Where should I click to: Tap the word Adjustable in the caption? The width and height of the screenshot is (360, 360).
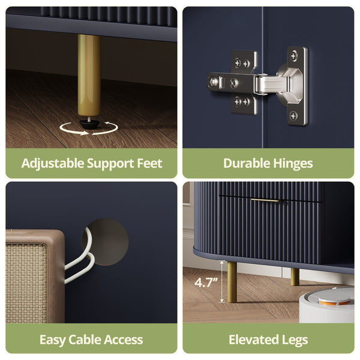coord(53,164)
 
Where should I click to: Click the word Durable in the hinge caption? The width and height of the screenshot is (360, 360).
coord(247,163)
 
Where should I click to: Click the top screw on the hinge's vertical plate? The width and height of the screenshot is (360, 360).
coord(294,55)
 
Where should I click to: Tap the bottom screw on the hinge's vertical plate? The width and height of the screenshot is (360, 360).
coord(293,115)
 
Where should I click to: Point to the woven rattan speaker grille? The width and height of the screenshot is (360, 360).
coord(26,283)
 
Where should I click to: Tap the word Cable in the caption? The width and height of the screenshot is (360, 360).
coord(85,340)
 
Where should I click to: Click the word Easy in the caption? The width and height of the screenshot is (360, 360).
coord(52,340)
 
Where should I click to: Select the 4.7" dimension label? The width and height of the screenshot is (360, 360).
coord(205,283)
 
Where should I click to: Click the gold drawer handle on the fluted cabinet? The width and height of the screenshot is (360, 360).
coord(265,200)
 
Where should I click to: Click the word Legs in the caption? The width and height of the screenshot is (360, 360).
coord(295,340)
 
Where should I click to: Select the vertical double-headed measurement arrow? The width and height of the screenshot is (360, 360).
coord(222,281)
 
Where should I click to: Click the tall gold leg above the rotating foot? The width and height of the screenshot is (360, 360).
coord(89,75)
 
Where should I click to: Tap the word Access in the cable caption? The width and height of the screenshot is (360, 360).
coord(124,340)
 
